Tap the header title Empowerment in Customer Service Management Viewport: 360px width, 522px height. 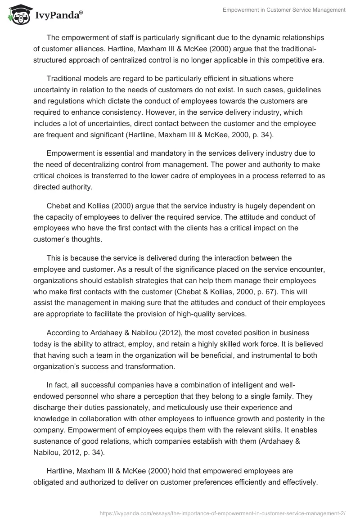coord(284,10)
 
